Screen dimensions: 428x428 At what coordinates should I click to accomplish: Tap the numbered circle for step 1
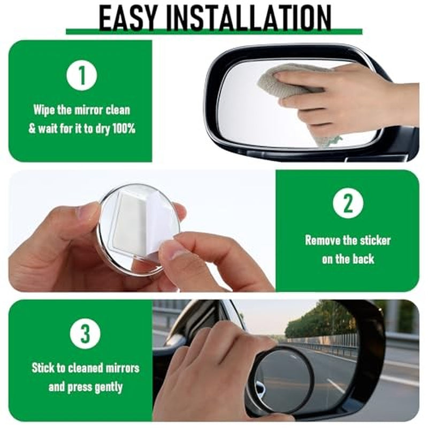pyautogui.click(x=81, y=75)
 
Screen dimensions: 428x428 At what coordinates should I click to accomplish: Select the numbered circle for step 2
pyautogui.click(x=348, y=203)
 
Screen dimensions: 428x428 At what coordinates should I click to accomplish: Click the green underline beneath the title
pyautogui.click(x=214, y=32)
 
